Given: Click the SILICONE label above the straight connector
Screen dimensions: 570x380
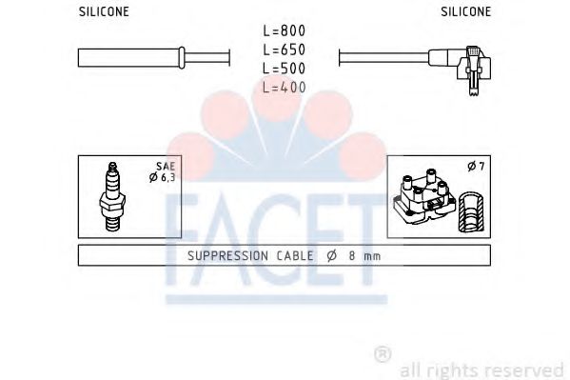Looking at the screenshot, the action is coord(104,11).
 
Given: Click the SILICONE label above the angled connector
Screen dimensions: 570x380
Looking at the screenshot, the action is coord(466,11).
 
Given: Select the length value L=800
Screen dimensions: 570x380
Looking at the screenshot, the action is coord(285,30).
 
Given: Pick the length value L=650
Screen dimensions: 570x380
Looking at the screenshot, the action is coord(285,50).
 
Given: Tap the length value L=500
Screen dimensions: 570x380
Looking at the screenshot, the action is coord(285,69).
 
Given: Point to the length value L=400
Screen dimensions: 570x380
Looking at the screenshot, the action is coord(285,88).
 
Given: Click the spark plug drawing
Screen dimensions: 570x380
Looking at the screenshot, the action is coord(112,196).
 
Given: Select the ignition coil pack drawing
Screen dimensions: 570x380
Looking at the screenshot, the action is coord(423,198).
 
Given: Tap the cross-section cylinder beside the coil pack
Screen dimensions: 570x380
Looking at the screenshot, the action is coord(471,212).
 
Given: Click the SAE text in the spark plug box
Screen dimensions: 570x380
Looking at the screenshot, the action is coord(166,167).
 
